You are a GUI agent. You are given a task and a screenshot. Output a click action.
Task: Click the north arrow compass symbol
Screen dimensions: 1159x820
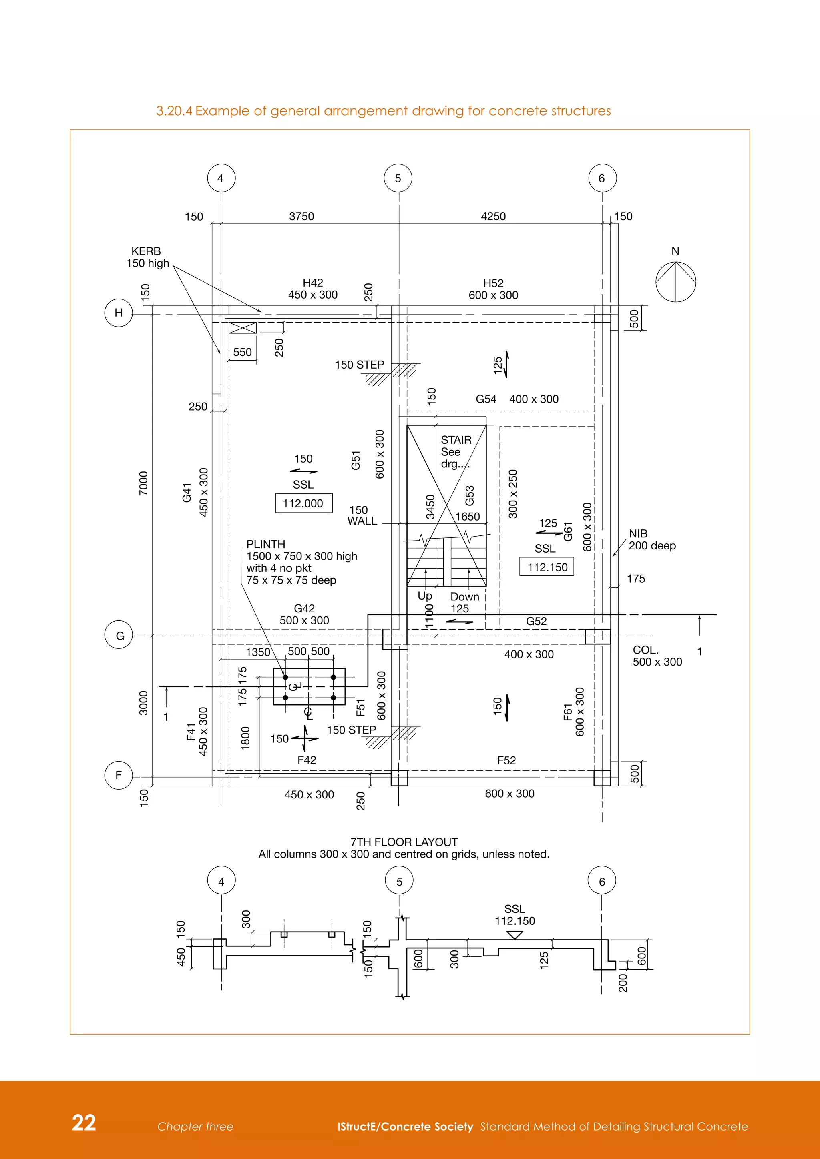(675, 282)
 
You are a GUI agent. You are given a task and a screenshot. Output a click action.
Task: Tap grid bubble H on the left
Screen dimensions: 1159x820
(119, 313)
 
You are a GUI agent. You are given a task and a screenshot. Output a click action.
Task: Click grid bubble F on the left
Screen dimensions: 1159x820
(119, 775)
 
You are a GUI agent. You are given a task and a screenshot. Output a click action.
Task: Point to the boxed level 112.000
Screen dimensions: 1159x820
(303, 503)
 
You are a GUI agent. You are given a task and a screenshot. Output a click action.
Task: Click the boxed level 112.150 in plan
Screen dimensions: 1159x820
(547, 567)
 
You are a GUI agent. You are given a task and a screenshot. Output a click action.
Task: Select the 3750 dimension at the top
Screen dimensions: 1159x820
(301, 216)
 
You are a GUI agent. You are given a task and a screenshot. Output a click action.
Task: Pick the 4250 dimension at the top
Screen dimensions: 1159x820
(493, 216)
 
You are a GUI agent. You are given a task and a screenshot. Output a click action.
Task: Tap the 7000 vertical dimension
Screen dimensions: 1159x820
(143, 483)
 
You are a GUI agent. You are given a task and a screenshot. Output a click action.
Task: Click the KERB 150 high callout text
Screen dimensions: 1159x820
(147, 257)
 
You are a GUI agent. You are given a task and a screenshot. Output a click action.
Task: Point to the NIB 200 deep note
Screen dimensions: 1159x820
(652, 539)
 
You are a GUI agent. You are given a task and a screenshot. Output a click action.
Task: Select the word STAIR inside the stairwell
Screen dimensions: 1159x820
(456, 440)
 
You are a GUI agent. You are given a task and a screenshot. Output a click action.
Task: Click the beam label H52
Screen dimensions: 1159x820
(493, 283)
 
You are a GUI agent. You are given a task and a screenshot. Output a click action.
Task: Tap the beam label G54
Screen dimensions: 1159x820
(486, 399)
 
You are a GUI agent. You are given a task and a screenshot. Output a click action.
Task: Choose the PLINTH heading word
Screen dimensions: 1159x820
(265, 544)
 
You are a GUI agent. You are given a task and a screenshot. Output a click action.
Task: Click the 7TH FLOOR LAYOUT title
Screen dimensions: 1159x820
(404, 842)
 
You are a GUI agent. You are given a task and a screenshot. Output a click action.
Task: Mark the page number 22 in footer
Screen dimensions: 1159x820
(84, 1122)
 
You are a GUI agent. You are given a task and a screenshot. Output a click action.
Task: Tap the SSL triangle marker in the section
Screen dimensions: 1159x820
(515, 935)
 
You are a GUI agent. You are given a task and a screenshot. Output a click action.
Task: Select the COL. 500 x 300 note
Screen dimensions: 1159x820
(657, 656)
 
